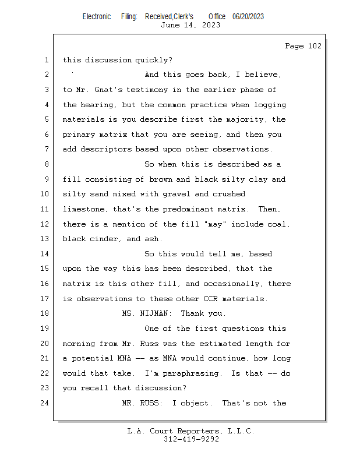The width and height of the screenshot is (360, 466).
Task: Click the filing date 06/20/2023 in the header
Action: pos(248,17)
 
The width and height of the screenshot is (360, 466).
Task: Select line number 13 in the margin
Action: pos(46,239)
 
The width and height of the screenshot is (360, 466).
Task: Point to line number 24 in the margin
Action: pos(46,403)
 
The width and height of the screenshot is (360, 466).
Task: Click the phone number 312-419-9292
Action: pos(191,439)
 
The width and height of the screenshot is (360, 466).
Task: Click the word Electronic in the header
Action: pos(97,17)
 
